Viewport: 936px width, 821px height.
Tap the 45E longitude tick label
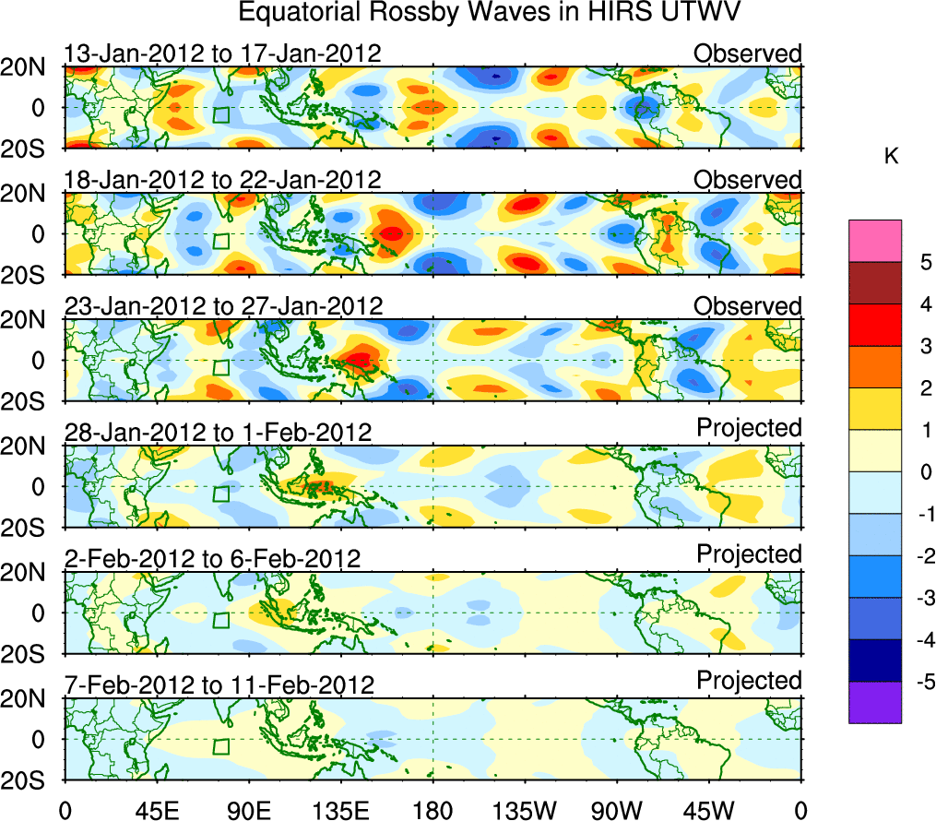coord(157,810)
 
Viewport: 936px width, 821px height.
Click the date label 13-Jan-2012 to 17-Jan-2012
coord(222,54)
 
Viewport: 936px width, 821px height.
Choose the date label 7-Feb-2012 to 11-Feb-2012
coord(219,685)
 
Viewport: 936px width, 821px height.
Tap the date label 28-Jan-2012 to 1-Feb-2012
coord(218,433)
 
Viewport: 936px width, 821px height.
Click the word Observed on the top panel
coord(748,54)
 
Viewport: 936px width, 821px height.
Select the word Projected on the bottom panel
coord(749,681)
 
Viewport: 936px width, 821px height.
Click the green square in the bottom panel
coord(220,746)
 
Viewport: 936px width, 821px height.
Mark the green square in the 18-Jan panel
coord(220,241)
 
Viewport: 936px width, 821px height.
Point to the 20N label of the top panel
coord(30,67)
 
